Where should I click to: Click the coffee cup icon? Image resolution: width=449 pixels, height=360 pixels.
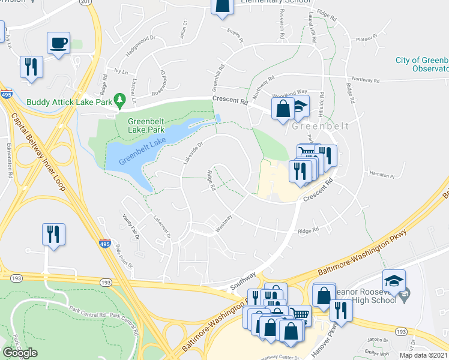(59, 43)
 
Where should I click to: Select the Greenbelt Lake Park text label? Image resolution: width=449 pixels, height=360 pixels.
(145, 125)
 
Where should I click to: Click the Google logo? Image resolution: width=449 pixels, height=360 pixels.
(20, 353)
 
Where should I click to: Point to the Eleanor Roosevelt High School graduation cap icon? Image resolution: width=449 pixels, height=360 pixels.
(394, 281)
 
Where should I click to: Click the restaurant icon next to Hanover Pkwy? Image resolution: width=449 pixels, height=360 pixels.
(340, 310)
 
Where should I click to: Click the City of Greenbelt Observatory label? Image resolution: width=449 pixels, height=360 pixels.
(422, 65)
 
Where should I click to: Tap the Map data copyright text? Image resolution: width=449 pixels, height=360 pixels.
(423, 355)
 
